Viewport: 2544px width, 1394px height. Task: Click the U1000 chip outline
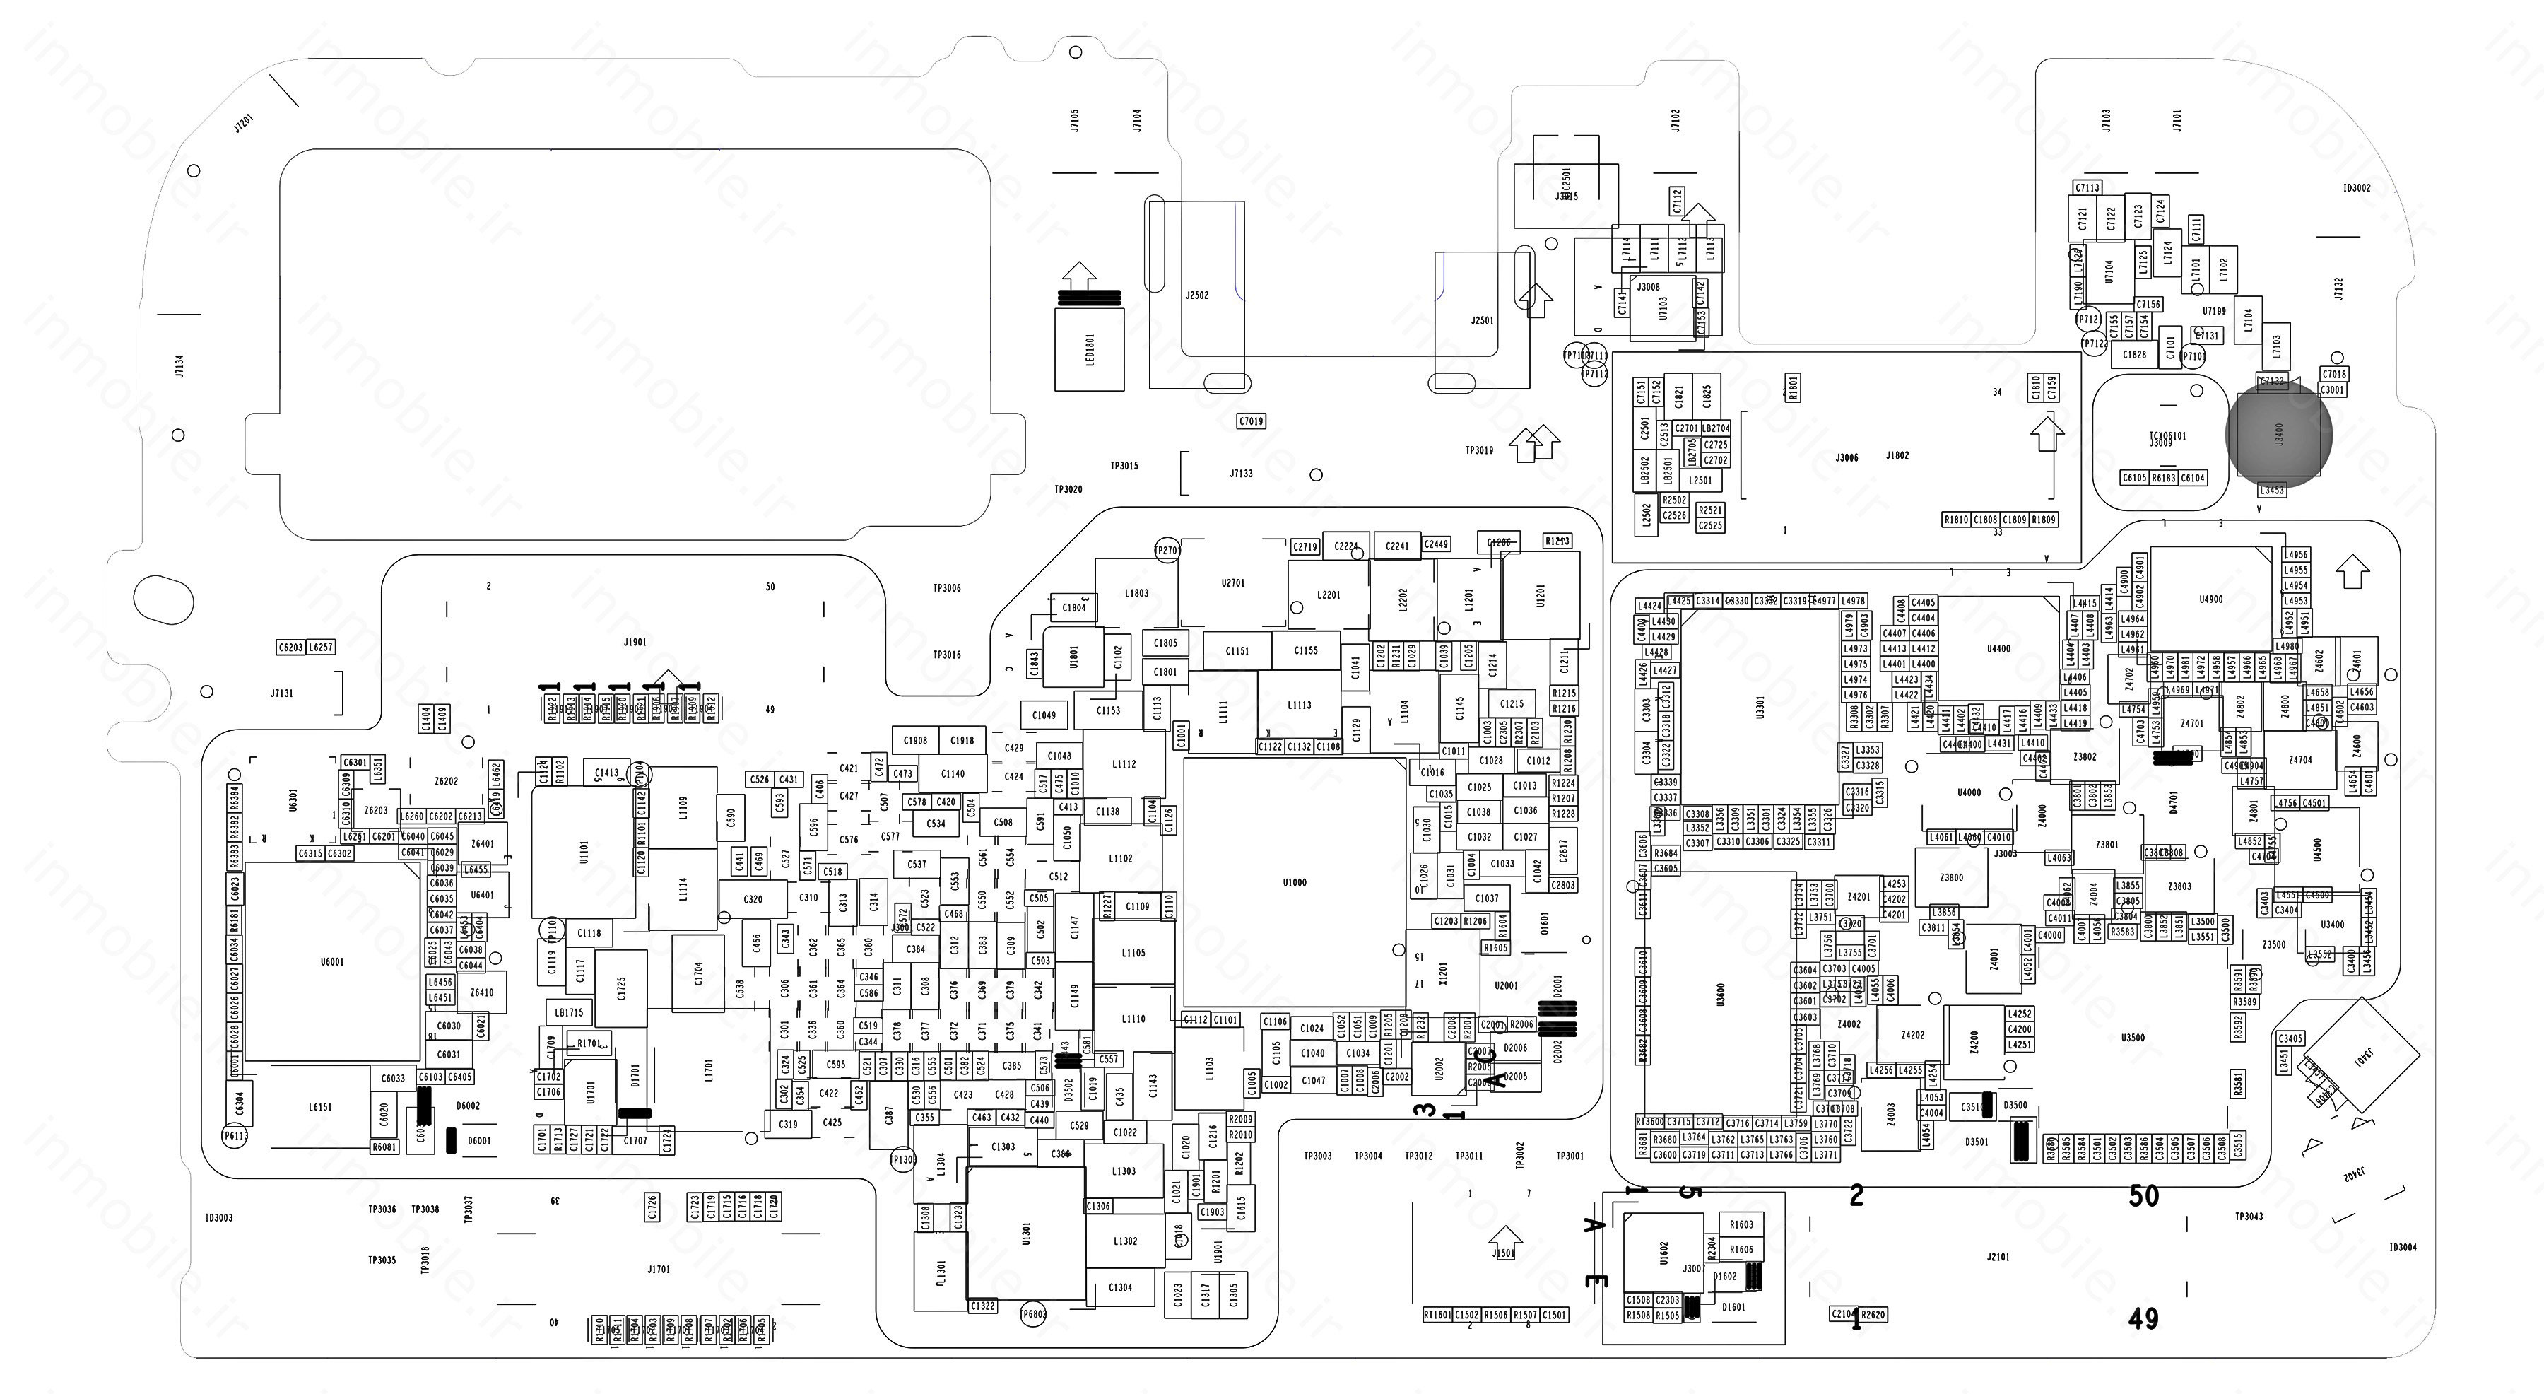(1294, 882)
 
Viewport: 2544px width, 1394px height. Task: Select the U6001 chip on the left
(332, 961)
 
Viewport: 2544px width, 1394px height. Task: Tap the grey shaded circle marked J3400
(2278, 435)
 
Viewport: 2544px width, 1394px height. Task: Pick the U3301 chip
(1760, 708)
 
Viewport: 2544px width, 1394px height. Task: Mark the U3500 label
(2133, 1037)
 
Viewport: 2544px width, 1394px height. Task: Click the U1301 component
(1027, 1233)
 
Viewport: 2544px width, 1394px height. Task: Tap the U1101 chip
(584, 852)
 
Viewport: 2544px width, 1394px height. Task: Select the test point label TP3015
(1124, 465)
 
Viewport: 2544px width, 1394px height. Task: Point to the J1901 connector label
(635, 642)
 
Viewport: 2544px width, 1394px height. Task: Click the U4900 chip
(2211, 599)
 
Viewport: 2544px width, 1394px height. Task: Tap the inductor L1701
(708, 1070)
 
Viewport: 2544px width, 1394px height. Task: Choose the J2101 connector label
(1998, 1257)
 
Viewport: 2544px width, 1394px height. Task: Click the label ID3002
(2356, 188)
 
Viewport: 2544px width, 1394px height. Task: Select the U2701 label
(1232, 583)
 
